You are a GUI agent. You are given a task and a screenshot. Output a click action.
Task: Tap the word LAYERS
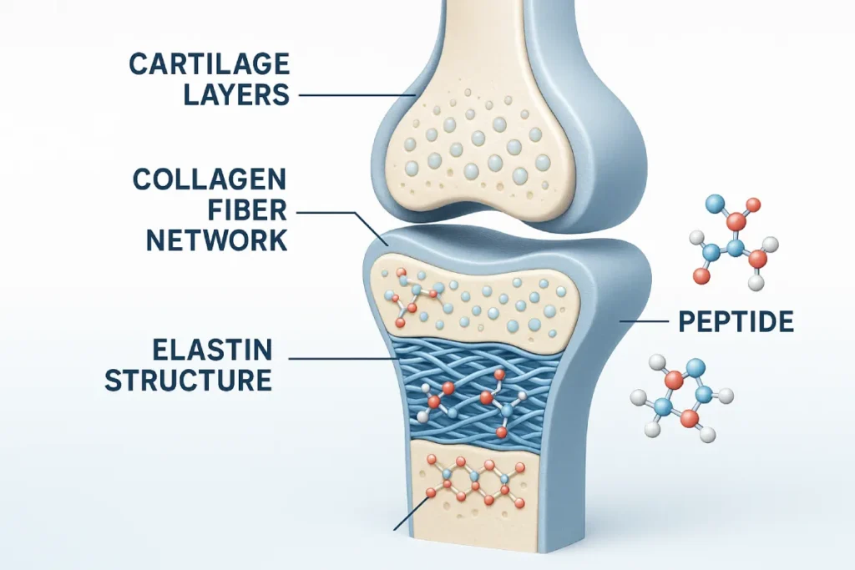pos(236,94)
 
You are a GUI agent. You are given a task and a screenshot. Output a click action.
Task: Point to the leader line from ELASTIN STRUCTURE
pos(342,360)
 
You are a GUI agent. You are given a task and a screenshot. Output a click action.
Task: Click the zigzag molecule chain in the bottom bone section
pos(472,484)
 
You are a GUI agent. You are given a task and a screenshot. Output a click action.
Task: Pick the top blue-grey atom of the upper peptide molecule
pos(714,203)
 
